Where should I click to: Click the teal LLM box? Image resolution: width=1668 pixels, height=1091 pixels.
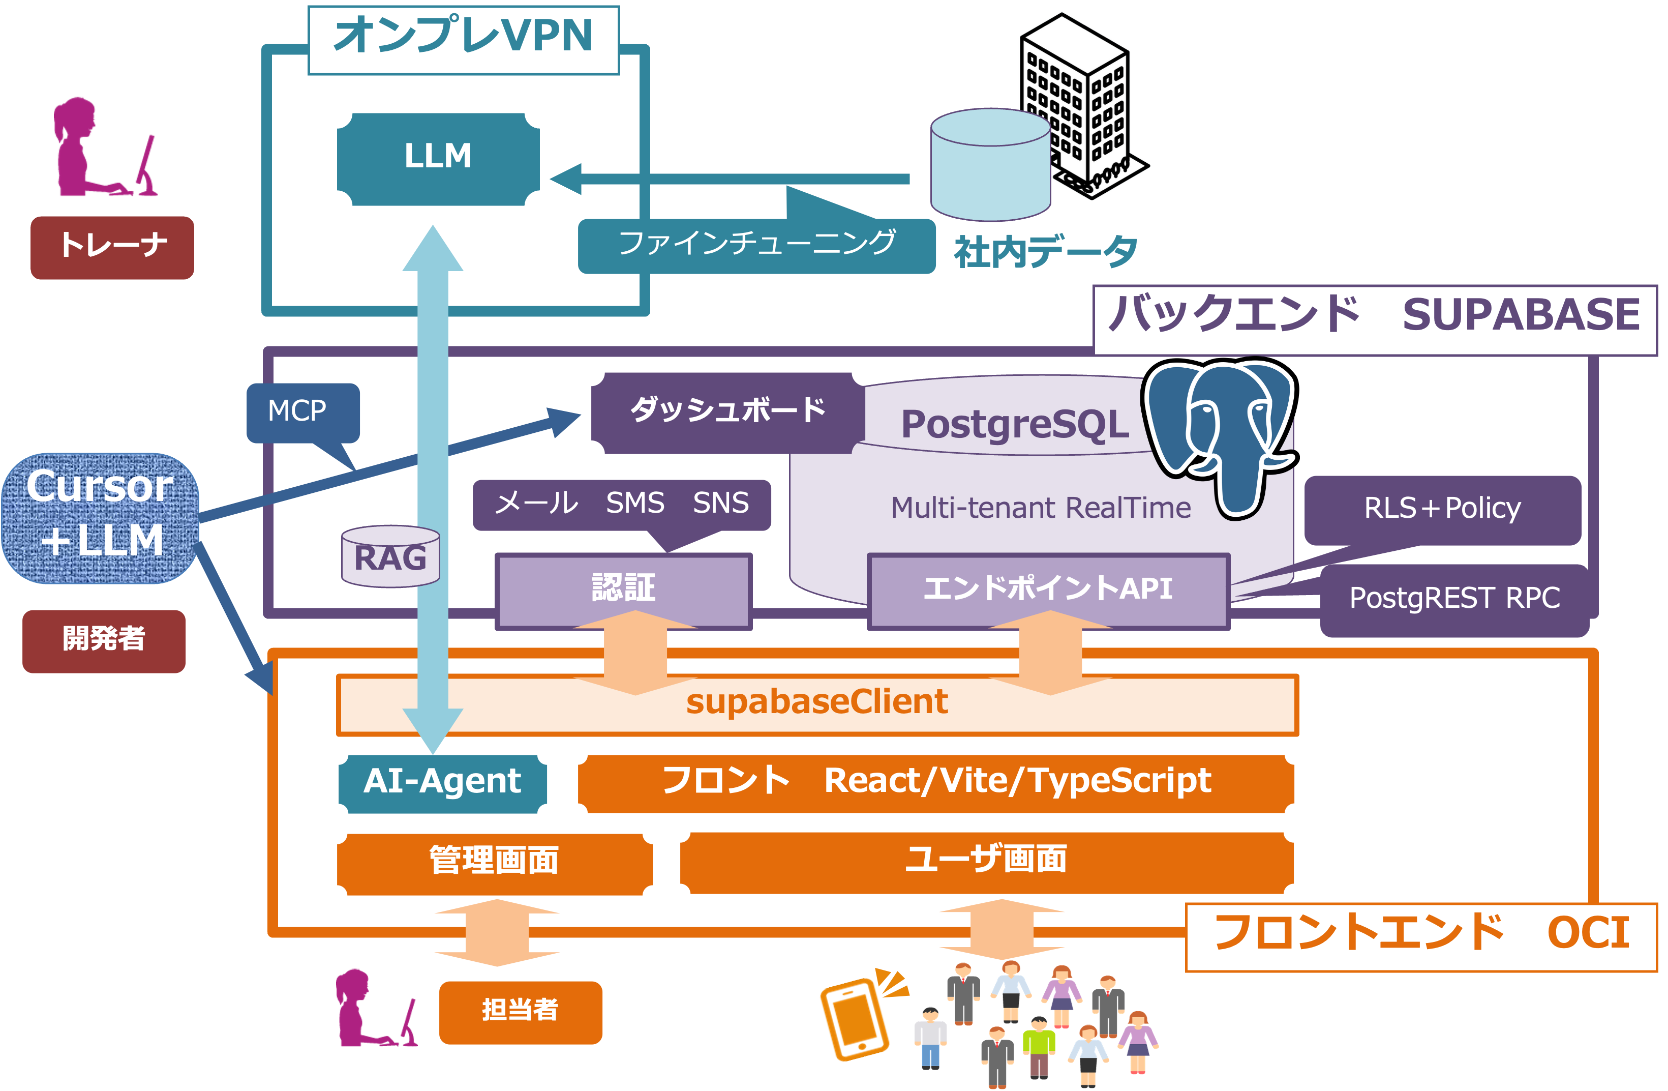coord(438,159)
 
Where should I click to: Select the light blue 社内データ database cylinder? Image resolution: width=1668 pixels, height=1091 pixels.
coord(990,165)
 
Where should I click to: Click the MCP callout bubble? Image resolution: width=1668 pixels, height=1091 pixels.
coord(303,411)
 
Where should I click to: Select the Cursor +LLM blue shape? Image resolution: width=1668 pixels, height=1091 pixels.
coord(100,517)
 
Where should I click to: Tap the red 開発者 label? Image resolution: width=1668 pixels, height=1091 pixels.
coord(104,641)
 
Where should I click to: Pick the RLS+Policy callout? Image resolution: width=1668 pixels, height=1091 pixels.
coord(1442,510)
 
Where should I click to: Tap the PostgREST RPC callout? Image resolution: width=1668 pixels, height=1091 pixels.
coord(1454,600)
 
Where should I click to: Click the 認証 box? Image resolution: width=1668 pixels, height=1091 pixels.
coord(623,589)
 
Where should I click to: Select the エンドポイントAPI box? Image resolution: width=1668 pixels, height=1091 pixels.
coord(1047,589)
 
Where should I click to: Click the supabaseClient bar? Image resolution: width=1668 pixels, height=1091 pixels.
coord(816,704)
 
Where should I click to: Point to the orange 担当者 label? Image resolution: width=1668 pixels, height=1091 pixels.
coord(520,1012)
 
